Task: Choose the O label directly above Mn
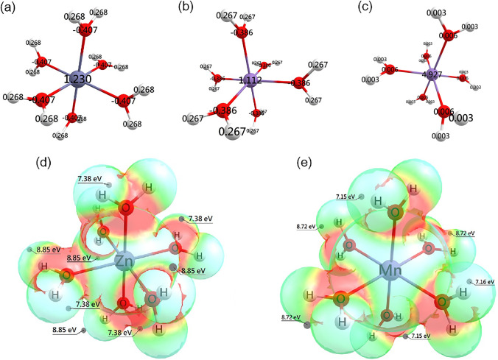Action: pos(395,213)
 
